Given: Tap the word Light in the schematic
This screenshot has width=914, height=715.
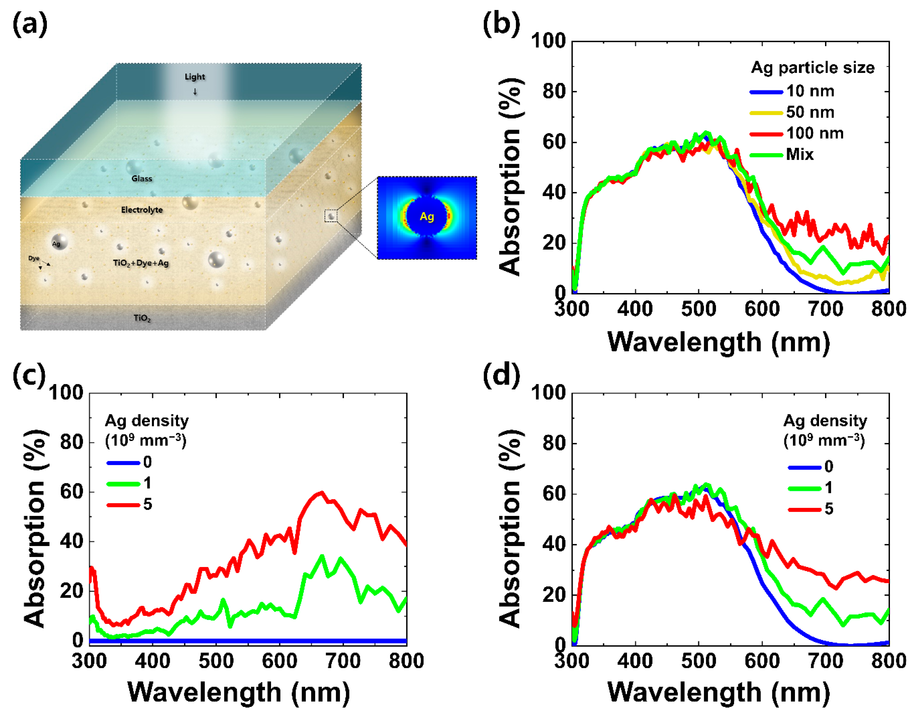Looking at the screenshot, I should (x=195, y=77).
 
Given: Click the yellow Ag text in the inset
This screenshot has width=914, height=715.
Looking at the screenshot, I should (x=427, y=216).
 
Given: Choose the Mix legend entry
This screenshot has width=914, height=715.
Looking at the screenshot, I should (x=799, y=154).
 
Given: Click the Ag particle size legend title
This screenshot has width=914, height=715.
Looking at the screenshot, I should (x=812, y=67).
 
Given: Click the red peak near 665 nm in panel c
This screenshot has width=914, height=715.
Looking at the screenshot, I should (x=321, y=493).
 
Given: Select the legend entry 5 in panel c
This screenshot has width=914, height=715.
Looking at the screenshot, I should (x=147, y=504).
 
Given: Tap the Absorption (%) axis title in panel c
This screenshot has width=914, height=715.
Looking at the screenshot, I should (x=34, y=528).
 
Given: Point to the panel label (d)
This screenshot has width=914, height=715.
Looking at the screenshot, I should (x=501, y=375).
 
